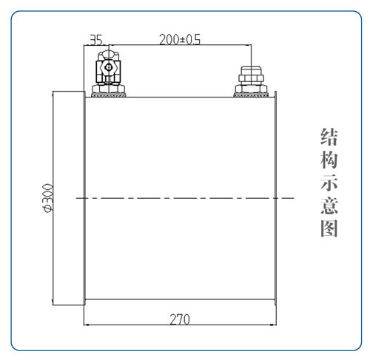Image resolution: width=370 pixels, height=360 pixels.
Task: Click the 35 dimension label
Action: tap(95, 40)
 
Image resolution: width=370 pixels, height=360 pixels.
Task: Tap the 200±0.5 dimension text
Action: tap(180, 40)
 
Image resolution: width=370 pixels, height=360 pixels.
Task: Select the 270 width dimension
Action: tap(180, 319)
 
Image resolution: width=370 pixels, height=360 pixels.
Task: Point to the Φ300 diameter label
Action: tap(47, 197)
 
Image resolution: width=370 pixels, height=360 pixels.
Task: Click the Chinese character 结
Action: tap(329, 137)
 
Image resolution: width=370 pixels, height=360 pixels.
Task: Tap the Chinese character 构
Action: tap(329, 160)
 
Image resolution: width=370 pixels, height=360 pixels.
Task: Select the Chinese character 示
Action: tap(329, 183)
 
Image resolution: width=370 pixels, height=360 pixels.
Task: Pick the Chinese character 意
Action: tap(329, 206)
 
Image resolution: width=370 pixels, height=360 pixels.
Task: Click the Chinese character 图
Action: tap(329, 228)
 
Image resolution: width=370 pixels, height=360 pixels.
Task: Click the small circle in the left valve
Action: tap(108, 67)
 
